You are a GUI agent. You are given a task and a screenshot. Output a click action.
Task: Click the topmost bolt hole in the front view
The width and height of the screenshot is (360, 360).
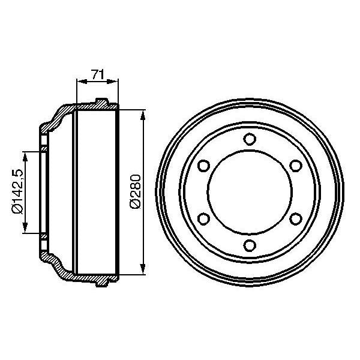click(248, 139)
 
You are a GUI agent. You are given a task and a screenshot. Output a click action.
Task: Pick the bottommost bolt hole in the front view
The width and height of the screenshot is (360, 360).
click(248, 244)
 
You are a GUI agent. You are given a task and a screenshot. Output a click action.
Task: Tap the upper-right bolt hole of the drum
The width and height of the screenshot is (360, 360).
click(294, 166)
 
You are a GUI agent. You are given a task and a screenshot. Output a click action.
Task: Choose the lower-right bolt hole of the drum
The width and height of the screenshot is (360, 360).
click(294, 218)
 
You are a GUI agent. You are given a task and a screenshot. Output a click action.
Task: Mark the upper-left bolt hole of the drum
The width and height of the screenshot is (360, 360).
click(203, 166)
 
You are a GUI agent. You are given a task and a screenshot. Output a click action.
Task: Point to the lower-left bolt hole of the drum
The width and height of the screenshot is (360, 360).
click(203, 218)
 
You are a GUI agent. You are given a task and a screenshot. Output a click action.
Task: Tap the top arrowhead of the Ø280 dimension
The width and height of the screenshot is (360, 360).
click(143, 114)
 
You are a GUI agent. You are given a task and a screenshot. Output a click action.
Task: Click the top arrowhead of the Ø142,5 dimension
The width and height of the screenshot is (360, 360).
click(25, 157)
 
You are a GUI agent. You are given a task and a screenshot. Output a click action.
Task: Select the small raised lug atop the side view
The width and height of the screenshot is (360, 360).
click(102, 100)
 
